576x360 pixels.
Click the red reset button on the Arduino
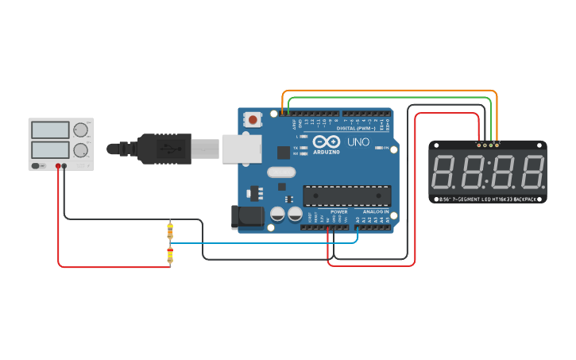point(253,120)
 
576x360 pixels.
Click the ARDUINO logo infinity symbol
point(326,141)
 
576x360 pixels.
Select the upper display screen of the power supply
point(50,130)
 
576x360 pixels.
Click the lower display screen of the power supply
point(50,149)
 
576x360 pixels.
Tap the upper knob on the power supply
point(80,130)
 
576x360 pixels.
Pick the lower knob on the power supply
point(80,149)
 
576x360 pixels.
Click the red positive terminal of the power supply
point(58,166)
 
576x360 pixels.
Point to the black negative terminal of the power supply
point(64,166)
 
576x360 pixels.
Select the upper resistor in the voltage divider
point(169,231)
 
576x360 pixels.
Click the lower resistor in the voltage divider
point(169,255)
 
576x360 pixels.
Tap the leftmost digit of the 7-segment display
point(443,172)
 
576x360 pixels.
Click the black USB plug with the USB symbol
point(163,147)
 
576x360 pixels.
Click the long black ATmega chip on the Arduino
point(347,195)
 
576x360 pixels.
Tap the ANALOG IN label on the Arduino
point(375,212)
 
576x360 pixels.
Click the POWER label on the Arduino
point(338,212)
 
